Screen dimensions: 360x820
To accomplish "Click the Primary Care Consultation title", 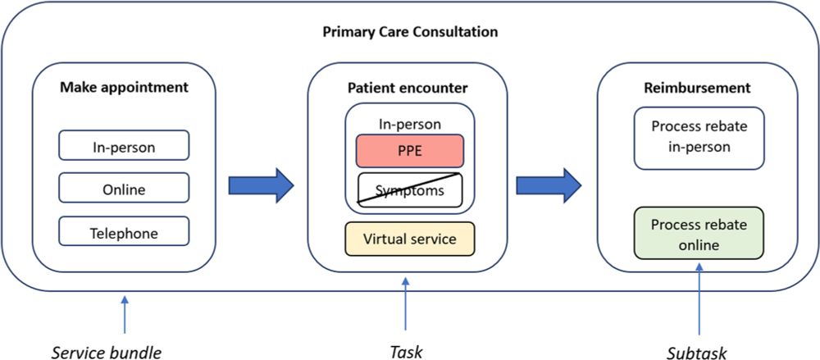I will (410, 34).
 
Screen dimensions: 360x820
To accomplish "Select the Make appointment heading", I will (124, 86).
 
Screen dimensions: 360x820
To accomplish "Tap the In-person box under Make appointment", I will (124, 146).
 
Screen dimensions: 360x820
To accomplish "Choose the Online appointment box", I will (124, 189).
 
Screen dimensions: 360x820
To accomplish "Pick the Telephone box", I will (124, 233).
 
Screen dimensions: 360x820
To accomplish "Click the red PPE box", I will (410, 151).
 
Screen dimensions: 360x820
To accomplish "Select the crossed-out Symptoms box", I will (410, 190).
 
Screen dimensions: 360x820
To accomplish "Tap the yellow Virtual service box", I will (410, 238).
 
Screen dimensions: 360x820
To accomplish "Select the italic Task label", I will (406, 352).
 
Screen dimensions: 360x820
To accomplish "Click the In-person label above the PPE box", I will (410, 125).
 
